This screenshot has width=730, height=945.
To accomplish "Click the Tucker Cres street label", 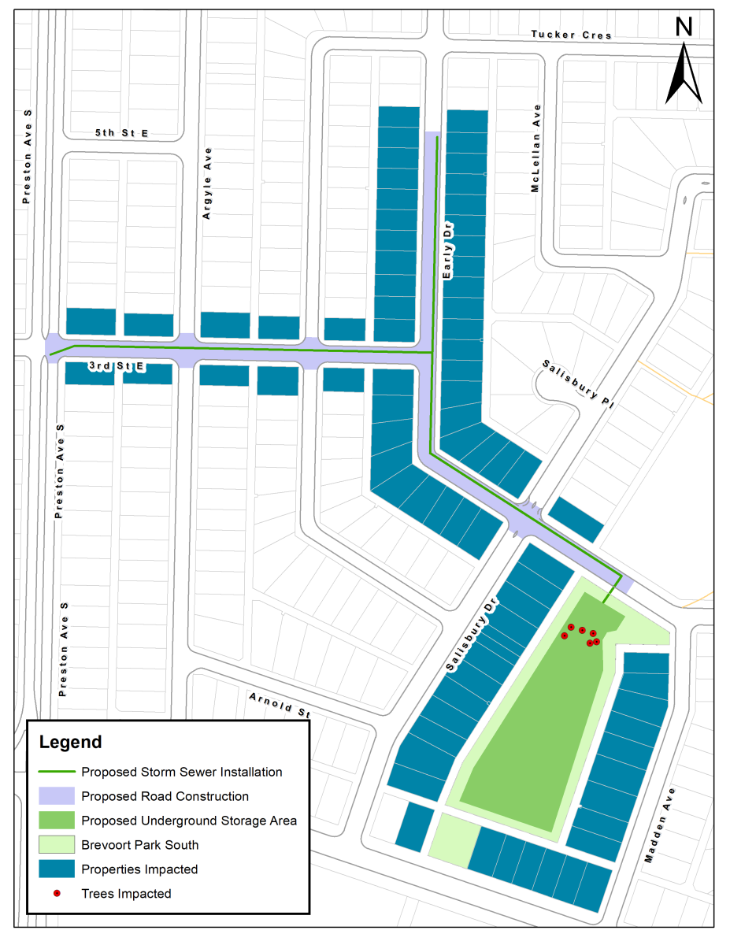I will [571, 35].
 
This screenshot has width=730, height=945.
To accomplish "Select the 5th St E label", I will [121, 134].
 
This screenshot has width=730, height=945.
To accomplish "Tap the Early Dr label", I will [449, 252].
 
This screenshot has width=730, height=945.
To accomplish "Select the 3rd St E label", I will [116, 366].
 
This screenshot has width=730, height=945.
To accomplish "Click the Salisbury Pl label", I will [577, 384].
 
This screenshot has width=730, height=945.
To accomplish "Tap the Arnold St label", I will [280, 706].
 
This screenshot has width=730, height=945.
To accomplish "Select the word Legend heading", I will [71, 742].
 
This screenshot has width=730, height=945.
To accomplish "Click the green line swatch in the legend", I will [57, 772].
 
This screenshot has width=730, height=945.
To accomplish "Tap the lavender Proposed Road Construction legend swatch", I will [57, 796].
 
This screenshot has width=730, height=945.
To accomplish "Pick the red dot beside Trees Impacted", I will [57, 893].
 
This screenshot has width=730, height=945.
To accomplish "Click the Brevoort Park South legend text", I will [139, 845].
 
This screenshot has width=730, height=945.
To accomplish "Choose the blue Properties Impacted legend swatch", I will [57, 869].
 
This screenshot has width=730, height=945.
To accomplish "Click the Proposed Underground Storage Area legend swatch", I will [57, 821].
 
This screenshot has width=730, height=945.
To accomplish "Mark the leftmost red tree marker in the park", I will [565, 636].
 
